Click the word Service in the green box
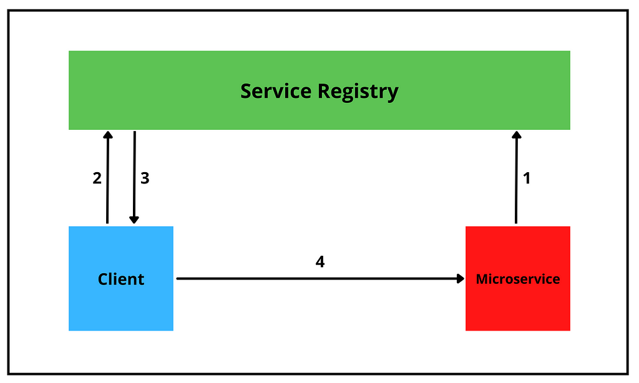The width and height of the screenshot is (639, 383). point(276,90)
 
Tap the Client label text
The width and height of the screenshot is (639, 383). point(121,279)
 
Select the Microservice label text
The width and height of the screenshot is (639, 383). point(518,279)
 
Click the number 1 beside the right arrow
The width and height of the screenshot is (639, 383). point(527,178)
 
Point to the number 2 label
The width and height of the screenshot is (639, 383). point(97,178)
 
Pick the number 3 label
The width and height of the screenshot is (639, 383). point(145,178)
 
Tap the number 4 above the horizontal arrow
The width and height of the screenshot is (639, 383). point(320,261)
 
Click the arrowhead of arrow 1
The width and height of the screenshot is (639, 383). point(517,135)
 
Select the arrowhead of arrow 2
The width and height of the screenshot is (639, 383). point(108,135)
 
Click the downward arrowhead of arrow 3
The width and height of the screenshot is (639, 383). point(134,220)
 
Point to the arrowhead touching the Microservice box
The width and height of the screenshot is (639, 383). point(461,279)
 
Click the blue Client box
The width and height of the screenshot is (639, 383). point(121,279)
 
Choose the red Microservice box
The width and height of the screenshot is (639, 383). point(518,279)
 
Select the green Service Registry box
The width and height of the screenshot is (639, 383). point(319,90)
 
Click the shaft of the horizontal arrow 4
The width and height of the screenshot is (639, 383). point(320,279)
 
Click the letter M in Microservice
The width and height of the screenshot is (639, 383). point(482,279)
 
